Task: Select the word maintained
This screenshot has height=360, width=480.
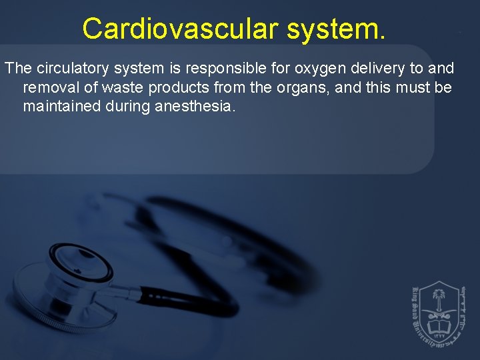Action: (57, 106)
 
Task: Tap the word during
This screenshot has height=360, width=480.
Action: (123, 106)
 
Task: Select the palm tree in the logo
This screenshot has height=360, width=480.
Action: (438, 298)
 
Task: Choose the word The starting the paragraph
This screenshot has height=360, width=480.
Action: (17, 69)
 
